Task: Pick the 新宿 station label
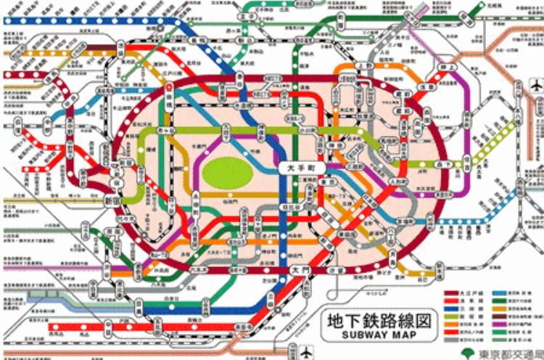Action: coord(115,199)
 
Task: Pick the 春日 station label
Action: coord(240,86)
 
